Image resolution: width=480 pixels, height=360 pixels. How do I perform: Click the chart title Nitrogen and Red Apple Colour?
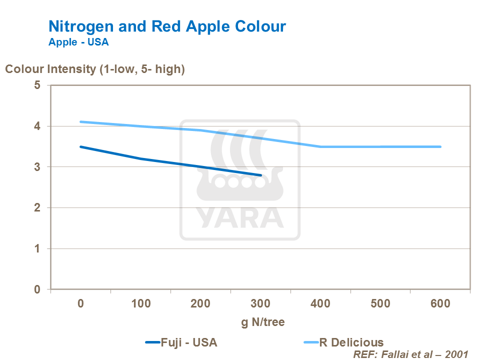click(167, 26)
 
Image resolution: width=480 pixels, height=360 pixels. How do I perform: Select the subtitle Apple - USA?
click(78, 42)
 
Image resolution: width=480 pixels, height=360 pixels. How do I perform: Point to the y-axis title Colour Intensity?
click(95, 69)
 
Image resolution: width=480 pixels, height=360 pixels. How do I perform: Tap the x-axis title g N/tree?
click(263, 322)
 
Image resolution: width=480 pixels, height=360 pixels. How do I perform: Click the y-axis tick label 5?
click(37, 85)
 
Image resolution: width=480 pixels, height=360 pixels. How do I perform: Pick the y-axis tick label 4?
click(37, 126)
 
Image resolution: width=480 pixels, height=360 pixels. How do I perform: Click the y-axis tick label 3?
click(37, 167)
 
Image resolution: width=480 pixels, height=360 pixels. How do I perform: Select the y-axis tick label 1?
click(37, 248)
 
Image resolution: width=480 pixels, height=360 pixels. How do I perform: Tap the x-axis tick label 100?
click(140, 304)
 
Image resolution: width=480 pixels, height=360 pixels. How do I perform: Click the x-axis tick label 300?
click(260, 304)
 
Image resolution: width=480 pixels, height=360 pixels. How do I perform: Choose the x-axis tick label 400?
click(320, 304)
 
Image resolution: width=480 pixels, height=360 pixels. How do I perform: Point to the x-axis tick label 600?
click(440, 304)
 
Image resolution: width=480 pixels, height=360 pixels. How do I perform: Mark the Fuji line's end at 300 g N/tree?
click(261, 175)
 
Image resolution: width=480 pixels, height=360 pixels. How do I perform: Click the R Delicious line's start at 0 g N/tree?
click(81, 121)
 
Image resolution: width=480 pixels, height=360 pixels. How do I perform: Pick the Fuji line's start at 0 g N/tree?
click(81, 146)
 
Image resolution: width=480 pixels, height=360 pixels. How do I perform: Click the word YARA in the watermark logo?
click(239, 216)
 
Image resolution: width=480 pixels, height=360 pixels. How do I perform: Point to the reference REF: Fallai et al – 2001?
click(410, 354)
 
